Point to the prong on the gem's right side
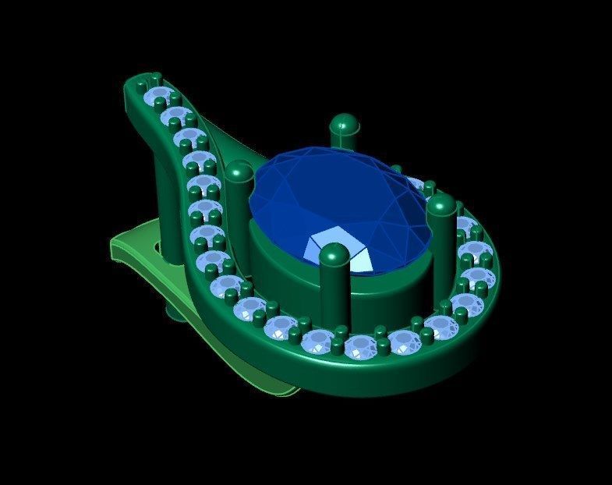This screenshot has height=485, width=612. (x=441, y=234)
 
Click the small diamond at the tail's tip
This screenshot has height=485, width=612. (x=158, y=97)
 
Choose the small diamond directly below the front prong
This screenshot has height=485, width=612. (x=318, y=341)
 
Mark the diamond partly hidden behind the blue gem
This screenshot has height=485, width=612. (x=416, y=184)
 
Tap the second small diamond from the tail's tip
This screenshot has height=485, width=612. (x=175, y=117)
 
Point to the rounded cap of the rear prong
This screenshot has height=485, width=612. (x=343, y=122)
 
